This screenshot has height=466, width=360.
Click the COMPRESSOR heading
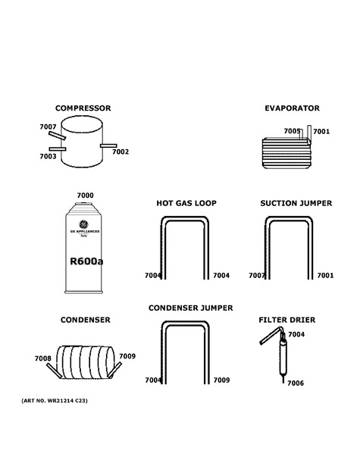pos(83,108)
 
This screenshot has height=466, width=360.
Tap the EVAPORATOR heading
pos(293,108)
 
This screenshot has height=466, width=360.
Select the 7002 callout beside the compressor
pos(121,152)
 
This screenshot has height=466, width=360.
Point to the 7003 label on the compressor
pos(48,156)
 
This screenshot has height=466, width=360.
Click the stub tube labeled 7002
pos(108,145)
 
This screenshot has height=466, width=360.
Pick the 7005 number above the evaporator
pos(292,131)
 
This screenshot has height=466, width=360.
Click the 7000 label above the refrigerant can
pos(86,195)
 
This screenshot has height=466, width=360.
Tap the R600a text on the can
pos(86,261)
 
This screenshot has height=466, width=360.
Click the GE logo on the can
pos(84,224)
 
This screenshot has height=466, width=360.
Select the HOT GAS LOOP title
pos(186,203)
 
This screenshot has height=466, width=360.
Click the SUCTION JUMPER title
pos(296,203)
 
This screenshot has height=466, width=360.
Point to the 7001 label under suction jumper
pos(325,276)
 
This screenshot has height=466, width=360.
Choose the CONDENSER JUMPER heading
pos(190,308)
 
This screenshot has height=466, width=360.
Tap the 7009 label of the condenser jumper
pos(221,380)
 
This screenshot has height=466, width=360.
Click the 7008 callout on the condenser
pos(42,358)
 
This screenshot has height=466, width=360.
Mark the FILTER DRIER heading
pos(287,320)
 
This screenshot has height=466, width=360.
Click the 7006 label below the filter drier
pos(296,383)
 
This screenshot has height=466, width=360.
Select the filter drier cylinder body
pos(283,358)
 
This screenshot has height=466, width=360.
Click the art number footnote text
pos(55,401)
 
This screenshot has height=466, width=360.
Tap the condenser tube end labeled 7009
pos(114,370)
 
